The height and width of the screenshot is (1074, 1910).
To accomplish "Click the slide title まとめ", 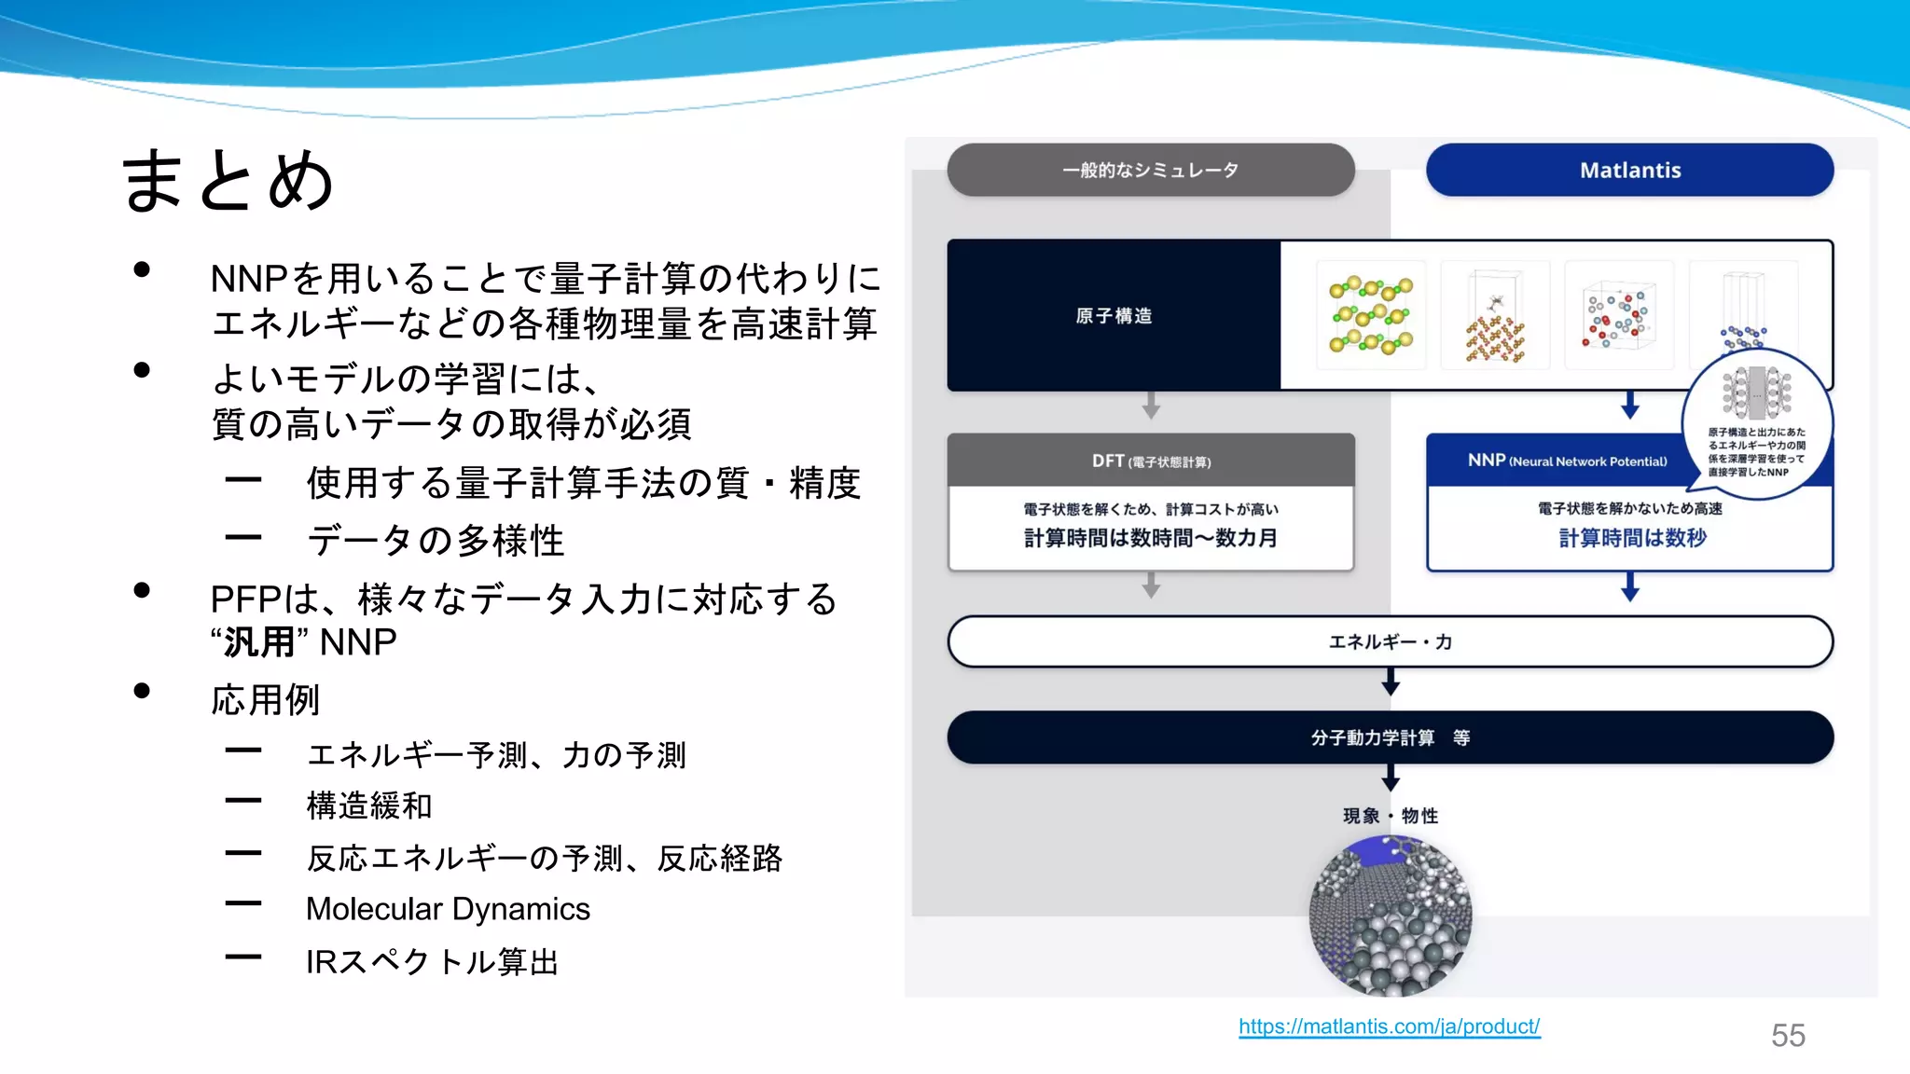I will click(x=228, y=180).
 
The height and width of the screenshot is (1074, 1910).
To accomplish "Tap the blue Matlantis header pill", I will click(x=1629, y=170).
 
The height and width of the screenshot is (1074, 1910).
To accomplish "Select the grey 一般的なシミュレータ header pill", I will click(x=1150, y=170).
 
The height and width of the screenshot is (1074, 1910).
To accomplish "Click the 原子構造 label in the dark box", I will click(x=1114, y=316).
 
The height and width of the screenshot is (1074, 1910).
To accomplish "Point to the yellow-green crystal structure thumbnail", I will click(x=1370, y=316).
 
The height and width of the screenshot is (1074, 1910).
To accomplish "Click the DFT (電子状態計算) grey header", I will click(x=1151, y=461).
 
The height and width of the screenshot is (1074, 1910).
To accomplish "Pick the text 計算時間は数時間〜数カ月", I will click(x=1151, y=538).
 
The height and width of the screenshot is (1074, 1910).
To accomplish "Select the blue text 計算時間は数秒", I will click(x=1632, y=538).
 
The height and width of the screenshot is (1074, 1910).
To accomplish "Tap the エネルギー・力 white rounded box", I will click(x=1390, y=641).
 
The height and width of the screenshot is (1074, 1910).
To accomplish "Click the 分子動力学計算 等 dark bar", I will click(x=1390, y=737).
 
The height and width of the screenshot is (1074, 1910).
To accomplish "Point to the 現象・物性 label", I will click(x=1390, y=816).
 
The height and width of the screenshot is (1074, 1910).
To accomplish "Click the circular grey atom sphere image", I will click(x=1390, y=916).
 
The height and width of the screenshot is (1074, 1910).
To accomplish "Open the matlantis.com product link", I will click(x=1389, y=1026).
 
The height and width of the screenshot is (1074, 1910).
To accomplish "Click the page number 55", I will click(x=1788, y=1035).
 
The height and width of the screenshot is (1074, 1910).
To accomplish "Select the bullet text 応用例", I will click(x=266, y=699).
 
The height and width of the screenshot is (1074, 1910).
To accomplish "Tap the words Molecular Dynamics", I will click(x=448, y=909).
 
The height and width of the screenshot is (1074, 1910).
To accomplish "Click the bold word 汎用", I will click(x=259, y=642).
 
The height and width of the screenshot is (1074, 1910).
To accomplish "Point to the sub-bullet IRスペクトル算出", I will click(x=432, y=961).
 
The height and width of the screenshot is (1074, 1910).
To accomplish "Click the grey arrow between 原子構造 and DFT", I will click(x=1151, y=406).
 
